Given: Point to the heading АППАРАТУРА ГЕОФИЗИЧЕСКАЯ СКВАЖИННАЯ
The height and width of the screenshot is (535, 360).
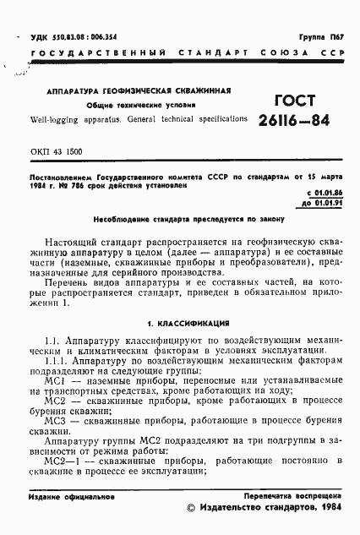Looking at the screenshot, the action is click(x=134, y=90).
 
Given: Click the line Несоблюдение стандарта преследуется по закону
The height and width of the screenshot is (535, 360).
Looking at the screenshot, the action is click(x=175, y=216).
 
